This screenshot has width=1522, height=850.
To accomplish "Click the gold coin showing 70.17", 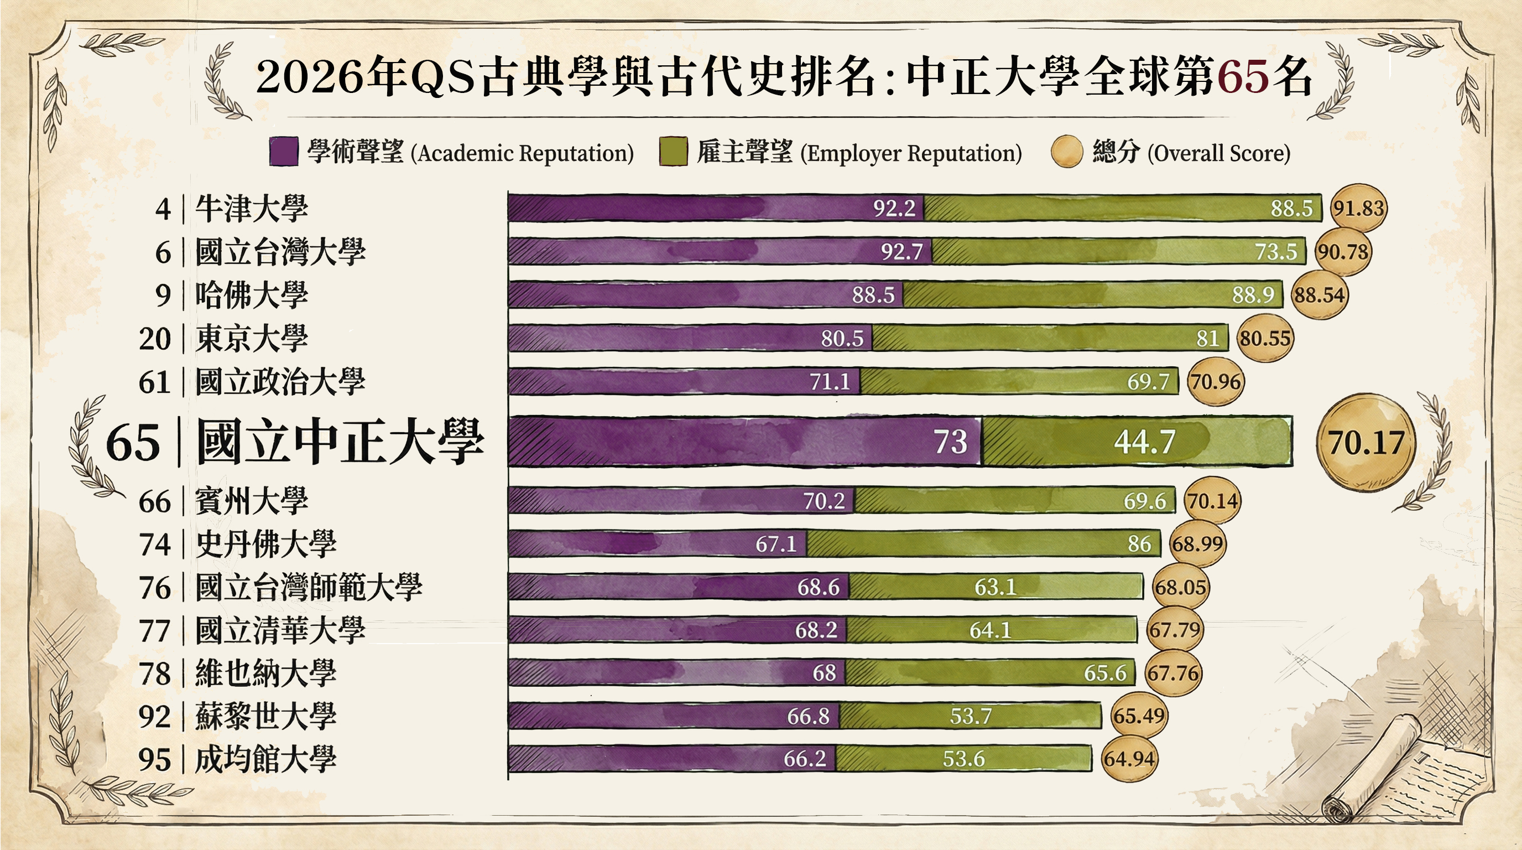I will click(1365, 442).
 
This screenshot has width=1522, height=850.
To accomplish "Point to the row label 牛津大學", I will click(251, 209).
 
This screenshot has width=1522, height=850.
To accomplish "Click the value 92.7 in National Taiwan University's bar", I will click(901, 252).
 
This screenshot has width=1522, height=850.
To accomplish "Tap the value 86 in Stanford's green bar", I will click(1139, 544).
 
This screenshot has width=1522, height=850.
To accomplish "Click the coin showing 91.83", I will click(1358, 208).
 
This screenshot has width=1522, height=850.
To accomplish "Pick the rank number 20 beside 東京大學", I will click(155, 339).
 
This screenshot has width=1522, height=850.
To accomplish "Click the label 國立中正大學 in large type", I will click(340, 442).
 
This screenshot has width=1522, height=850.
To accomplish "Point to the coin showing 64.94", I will click(1128, 758).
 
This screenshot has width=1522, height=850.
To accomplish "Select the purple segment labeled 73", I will click(744, 442).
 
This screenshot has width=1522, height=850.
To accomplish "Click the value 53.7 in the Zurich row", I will click(970, 716).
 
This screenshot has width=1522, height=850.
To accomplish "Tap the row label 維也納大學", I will click(265, 673).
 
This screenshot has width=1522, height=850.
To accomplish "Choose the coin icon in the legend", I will click(1066, 152).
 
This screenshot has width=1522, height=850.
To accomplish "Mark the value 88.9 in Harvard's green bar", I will click(1253, 295).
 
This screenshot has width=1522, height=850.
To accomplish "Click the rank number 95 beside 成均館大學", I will click(154, 760).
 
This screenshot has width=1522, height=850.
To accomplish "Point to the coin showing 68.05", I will click(1180, 587).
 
